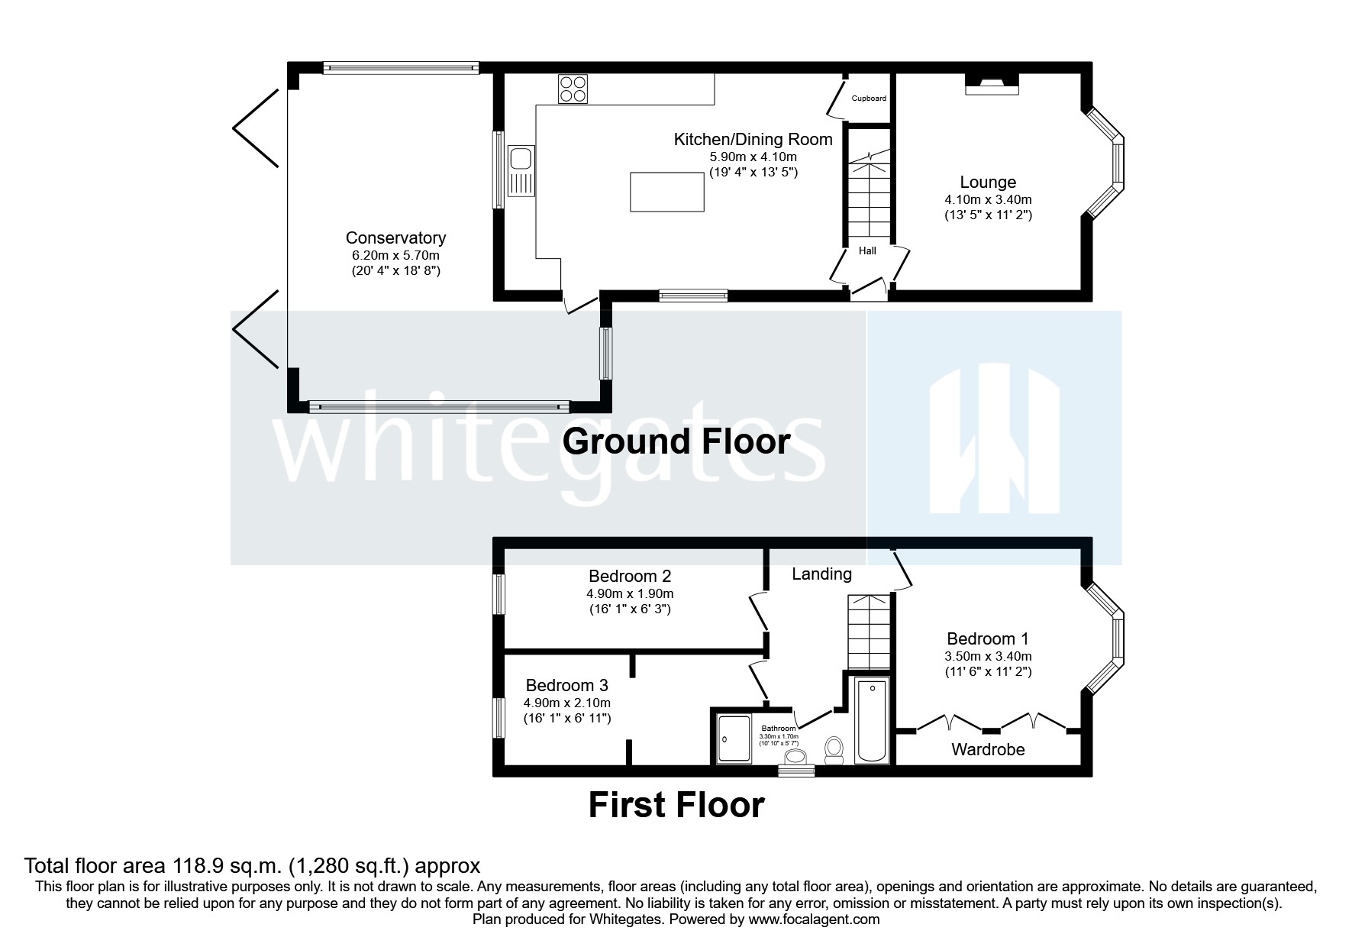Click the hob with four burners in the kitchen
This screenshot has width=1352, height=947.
[x=573, y=89]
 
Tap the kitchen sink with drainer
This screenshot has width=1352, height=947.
[x=522, y=170]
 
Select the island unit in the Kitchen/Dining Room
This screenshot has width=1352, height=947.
[x=666, y=192]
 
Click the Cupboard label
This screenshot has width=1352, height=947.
[x=869, y=99]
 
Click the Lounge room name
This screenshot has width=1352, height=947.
[x=988, y=183]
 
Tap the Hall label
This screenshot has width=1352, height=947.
[x=867, y=250]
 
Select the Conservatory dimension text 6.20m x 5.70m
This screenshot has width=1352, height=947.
[x=395, y=256]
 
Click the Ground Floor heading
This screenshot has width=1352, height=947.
[x=676, y=441]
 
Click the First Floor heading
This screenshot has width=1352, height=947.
[x=676, y=805]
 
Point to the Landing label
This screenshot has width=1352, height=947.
[x=821, y=574]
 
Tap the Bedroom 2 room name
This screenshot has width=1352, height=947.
[x=630, y=576]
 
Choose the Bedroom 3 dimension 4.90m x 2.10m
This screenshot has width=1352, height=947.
[x=566, y=703]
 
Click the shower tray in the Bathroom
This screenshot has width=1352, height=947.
[x=734, y=739]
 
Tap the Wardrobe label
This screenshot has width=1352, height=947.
[x=988, y=750]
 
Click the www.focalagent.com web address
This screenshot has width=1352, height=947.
[x=814, y=920]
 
